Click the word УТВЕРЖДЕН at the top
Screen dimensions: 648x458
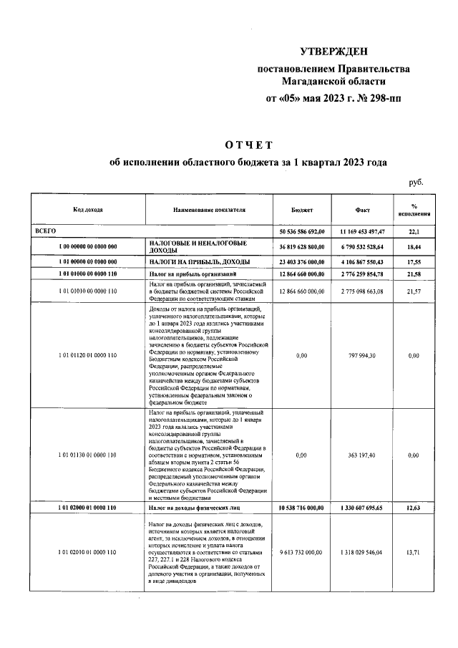pos(333,51)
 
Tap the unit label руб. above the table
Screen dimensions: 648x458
pos(416,183)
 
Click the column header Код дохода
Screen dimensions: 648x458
pos(87,211)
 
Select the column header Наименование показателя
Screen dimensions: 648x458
pos(209,211)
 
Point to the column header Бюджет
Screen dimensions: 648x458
pos(301,211)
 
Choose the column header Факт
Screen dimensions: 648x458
pos(362,211)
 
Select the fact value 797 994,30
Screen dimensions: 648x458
pos(362,354)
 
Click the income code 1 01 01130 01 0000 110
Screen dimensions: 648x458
pos(87,455)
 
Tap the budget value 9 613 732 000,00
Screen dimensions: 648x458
pos(301,553)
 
